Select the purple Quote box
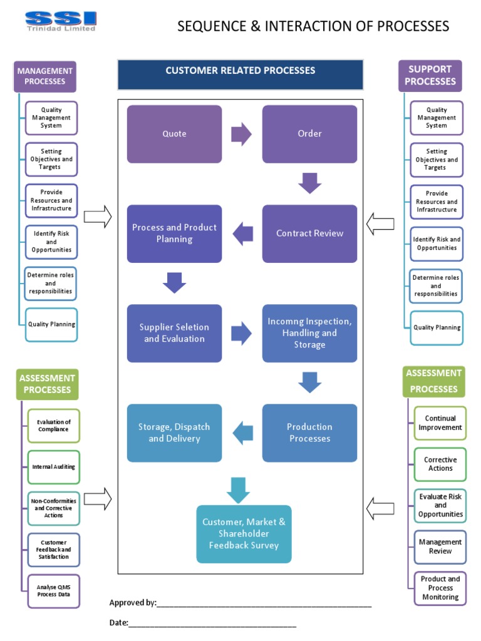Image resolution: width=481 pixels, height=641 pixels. pyautogui.click(x=174, y=134)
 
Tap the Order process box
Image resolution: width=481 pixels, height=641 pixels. pyautogui.click(x=309, y=134)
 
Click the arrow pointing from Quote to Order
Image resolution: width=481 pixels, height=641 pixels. pyautogui.click(x=241, y=134)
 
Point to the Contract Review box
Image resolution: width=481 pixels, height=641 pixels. pyautogui.click(x=309, y=233)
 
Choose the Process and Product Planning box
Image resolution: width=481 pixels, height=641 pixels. pyautogui.click(x=174, y=233)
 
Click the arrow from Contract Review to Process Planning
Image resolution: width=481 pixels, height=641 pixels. pyautogui.click(x=243, y=234)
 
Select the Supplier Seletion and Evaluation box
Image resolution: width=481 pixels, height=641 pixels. pyautogui.click(x=174, y=333)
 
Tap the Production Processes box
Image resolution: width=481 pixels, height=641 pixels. pyautogui.click(x=309, y=433)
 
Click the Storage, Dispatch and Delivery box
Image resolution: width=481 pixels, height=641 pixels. pyautogui.click(x=174, y=433)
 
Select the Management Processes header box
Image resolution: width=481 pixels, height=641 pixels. pyautogui.click(x=45, y=76)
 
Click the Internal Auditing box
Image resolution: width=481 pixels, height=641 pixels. pyautogui.click(x=53, y=467)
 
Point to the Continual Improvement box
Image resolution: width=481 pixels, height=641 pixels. pyautogui.click(x=440, y=423)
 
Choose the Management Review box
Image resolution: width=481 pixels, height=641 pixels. pyautogui.click(x=440, y=546)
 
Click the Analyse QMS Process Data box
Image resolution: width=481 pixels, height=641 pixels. pyautogui.click(x=53, y=590)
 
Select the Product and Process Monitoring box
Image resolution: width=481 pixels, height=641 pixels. pyautogui.click(x=440, y=588)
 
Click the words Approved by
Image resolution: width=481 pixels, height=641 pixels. pyautogui.click(x=133, y=603)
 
